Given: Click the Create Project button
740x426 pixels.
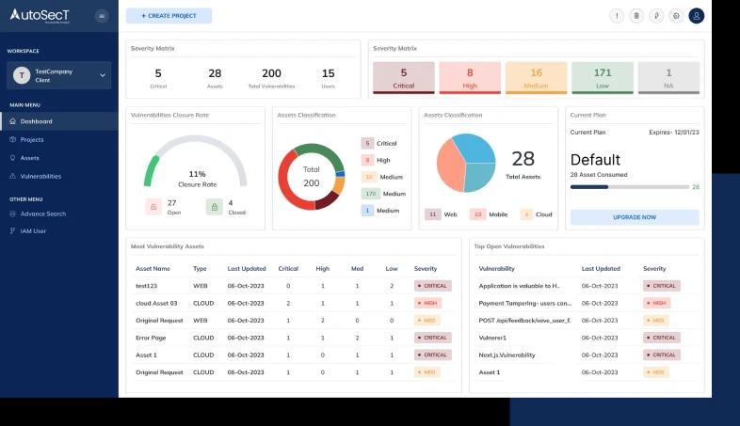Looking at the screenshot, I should (169, 16).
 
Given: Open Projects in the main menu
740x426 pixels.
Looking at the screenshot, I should (32, 139).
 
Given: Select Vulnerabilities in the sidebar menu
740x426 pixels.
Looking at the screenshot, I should (40, 176).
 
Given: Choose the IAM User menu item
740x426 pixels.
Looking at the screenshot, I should (33, 230).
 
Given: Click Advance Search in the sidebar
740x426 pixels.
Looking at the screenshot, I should (42, 213).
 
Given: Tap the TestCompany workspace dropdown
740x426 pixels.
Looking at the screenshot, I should (59, 75).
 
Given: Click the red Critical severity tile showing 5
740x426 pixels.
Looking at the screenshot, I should (404, 78).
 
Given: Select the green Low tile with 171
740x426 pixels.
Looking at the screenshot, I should (603, 78).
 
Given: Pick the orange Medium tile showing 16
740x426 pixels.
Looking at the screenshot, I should (536, 78).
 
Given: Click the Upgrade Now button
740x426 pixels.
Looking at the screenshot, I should (635, 217).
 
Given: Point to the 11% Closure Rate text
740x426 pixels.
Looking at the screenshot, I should (197, 179).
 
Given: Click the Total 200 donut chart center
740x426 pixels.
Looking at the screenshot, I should (312, 176).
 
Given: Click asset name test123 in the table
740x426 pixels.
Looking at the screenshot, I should (146, 285).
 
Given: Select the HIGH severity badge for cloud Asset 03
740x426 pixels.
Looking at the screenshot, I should (429, 303).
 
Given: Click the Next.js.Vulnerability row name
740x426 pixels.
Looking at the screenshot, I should (507, 355).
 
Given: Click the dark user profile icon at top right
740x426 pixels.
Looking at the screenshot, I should (696, 16).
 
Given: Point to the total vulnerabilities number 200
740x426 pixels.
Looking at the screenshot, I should (271, 73).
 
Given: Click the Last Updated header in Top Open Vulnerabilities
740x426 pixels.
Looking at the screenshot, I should (601, 268).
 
